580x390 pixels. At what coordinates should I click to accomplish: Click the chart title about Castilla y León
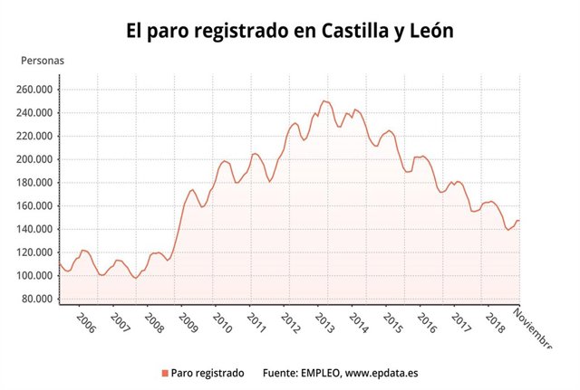pos(289,30)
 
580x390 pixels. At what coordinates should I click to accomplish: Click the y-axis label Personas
pos(43,61)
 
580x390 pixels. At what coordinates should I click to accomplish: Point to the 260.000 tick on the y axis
pos(35,90)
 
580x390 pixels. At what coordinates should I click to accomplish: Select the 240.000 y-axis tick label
pos(35,113)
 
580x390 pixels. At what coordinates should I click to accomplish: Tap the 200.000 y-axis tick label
pos(35,159)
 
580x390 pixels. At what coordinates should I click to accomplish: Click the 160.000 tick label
pos(35,206)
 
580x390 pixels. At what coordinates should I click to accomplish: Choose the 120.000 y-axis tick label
pos(35,252)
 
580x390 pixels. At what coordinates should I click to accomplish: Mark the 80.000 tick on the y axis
pos(38,300)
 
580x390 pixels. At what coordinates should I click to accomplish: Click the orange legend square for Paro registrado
pos(164,373)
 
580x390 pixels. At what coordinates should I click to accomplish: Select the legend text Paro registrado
pos(208,373)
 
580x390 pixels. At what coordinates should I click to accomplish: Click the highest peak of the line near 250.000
pos(324,101)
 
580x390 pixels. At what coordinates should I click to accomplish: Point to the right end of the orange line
pos(519,221)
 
